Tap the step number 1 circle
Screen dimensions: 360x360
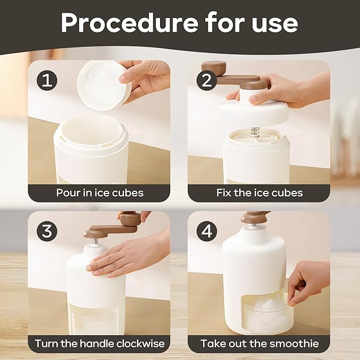click(x=47, y=81)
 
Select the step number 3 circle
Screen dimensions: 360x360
click(x=47, y=232)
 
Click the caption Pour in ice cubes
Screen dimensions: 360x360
click(x=100, y=192)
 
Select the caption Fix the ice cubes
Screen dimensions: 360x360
click(x=260, y=192)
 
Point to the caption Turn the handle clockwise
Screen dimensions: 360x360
click(x=100, y=344)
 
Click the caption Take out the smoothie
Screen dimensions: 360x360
click(x=260, y=344)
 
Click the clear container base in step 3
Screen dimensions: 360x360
click(x=95, y=318)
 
